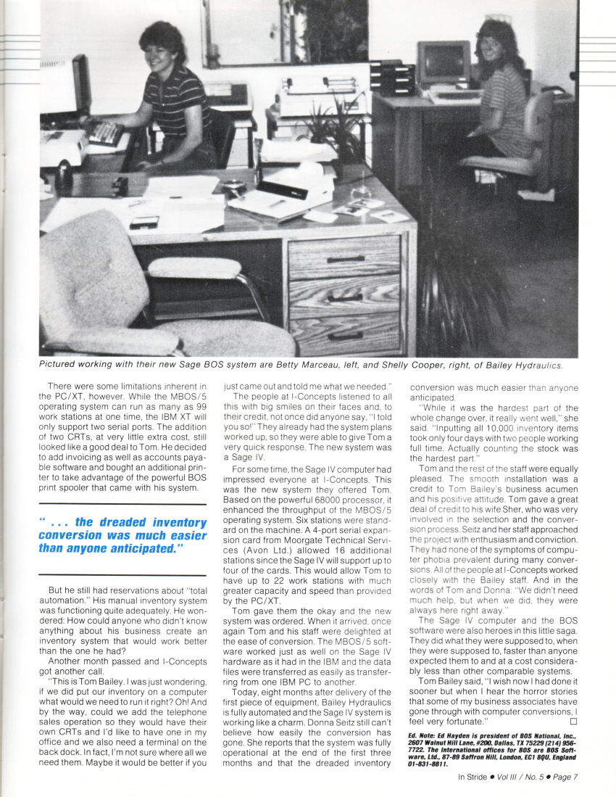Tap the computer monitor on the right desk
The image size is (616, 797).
pyautogui.click(x=444, y=63)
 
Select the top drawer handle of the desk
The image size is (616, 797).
pyautogui.click(x=345, y=259)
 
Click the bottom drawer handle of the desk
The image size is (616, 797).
pyautogui.click(x=345, y=335)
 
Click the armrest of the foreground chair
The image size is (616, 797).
pyautogui.click(x=193, y=268)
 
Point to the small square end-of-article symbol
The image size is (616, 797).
pyautogui.click(x=573, y=722)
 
